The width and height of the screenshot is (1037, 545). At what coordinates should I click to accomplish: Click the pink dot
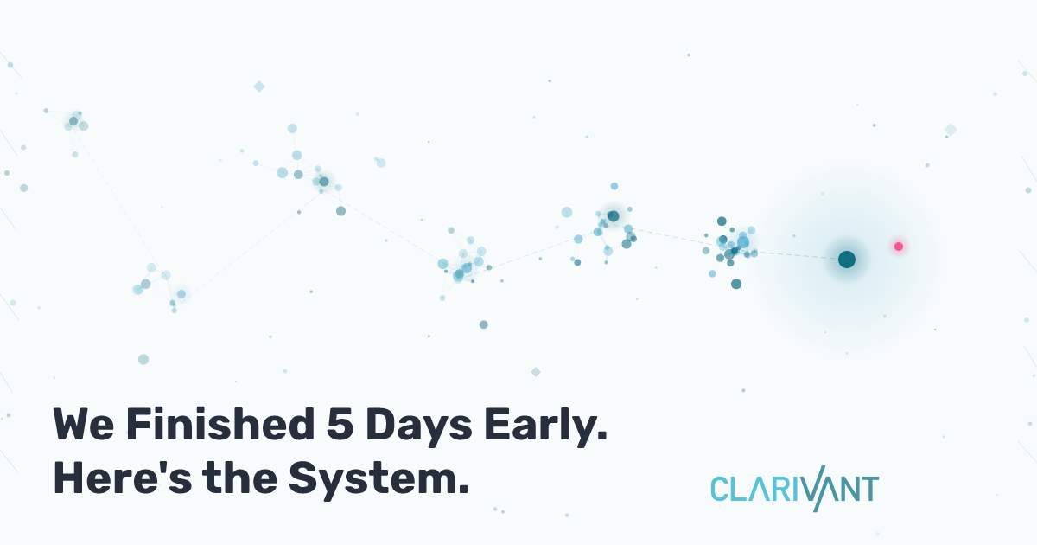click(899, 247)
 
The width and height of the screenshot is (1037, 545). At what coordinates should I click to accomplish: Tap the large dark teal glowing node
click(847, 260)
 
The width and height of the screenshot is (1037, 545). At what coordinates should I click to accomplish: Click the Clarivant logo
click(794, 490)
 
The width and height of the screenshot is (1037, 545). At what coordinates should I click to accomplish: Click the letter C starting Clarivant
click(720, 489)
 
